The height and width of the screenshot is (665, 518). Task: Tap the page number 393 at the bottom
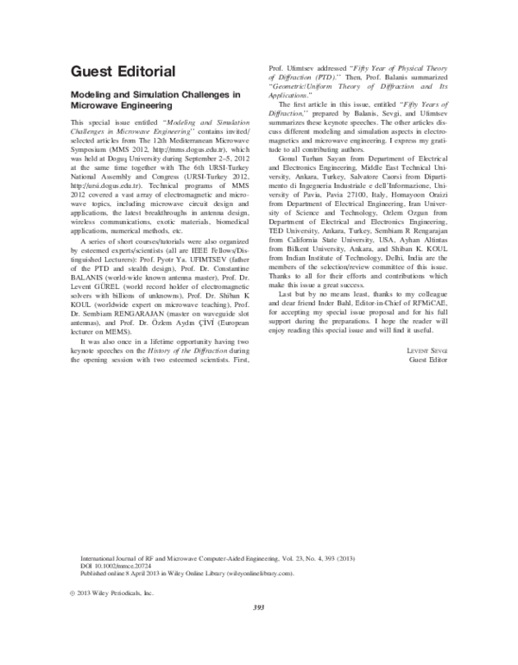(x=258, y=608)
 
